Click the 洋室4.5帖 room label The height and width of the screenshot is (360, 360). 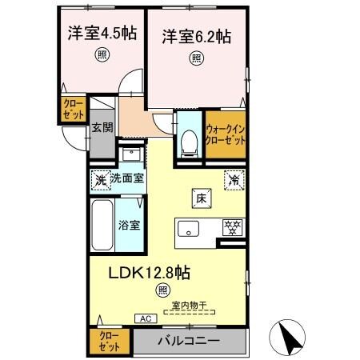point(100,34)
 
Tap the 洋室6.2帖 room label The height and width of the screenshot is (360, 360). point(197,36)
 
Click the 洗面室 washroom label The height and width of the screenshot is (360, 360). point(126,178)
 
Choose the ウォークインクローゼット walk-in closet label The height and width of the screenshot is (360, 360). point(226,134)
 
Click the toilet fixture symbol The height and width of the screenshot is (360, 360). point(190,141)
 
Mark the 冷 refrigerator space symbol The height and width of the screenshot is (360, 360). point(234,179)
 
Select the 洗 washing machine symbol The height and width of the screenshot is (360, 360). point(100,179)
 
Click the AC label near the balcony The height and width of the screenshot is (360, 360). point(146,318)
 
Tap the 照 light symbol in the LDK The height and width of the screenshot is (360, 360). point(163,290)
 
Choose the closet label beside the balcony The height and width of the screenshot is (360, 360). point(109,342)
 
